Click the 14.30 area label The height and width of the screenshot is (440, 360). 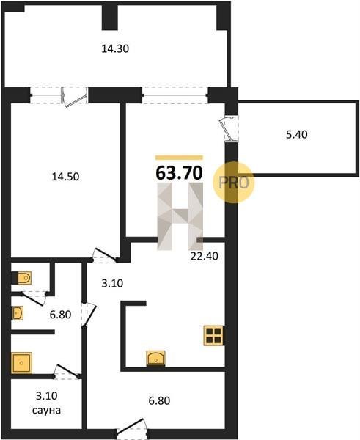coord(115,49)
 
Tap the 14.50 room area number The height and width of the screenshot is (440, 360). coord(66,177)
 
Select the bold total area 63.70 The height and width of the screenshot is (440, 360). coord(179,172)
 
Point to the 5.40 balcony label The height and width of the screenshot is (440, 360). coord(297,135)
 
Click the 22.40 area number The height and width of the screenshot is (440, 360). coord(205,256)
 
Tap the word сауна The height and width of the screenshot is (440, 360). coord(46,410)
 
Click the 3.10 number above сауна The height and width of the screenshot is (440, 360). coord(47,396)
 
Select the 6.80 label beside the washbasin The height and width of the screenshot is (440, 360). coord(60,315)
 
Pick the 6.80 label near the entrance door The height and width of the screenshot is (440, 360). coord(159,400)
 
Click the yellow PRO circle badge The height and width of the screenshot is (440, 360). coord(233,182)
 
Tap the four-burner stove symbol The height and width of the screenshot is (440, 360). coord(214,335)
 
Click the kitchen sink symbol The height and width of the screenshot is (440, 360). coord(155,358)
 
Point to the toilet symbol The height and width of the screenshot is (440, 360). coord(23,278)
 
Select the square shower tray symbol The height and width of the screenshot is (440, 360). coord(21,363)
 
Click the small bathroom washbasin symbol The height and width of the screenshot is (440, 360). coord(18,312)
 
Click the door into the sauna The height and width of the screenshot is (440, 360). coord(67,372)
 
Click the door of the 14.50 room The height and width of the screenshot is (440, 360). coord(104,254)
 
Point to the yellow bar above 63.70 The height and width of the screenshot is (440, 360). coord(179,158)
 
